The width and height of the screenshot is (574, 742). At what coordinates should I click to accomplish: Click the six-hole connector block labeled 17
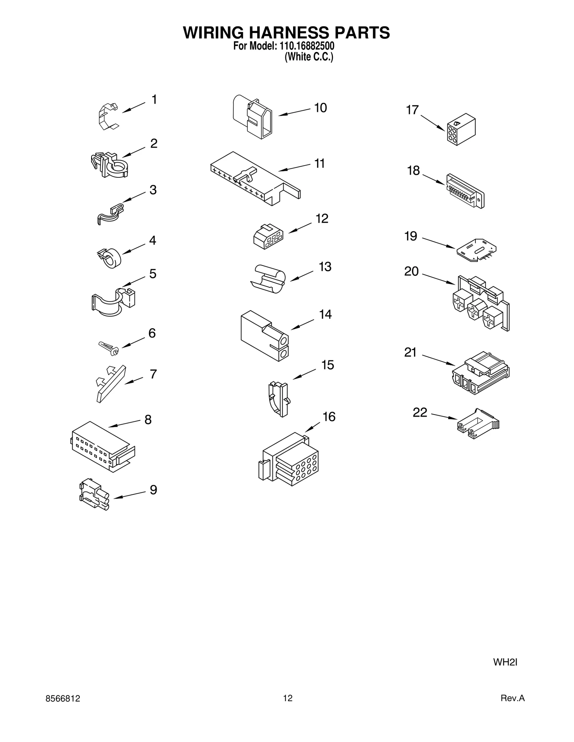(461, 129)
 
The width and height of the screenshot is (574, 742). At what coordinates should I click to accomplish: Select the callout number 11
(319, 163)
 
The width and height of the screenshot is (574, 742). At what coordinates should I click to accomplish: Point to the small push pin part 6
(109, 348)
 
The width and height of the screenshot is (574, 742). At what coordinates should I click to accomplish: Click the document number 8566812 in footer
(63, 698)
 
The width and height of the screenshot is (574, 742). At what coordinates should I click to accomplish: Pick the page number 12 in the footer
(288, 698)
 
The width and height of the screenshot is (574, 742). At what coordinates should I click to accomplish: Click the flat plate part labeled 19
(476, 249)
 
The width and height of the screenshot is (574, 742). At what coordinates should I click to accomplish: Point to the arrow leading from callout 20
(438, 279)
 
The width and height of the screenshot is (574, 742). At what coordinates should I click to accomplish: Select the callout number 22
(420, 412)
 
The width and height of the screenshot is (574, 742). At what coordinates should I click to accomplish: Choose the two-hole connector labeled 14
(265, 335)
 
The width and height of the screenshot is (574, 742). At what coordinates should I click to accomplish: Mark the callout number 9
(153, 489)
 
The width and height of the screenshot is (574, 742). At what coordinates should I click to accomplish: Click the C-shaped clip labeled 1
(107, 116)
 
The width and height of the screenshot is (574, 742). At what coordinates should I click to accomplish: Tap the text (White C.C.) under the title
(309, 57)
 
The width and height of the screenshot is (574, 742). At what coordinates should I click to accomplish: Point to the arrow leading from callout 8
(124, 423)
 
